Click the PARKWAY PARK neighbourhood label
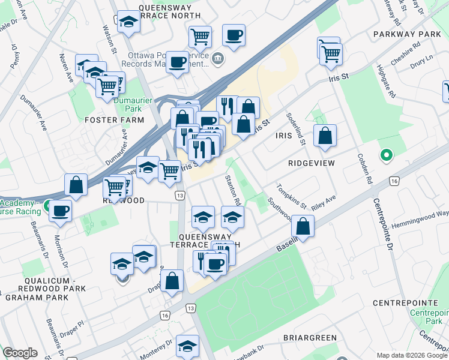[406, 34]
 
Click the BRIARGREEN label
[309, 338]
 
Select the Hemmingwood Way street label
[420, 218]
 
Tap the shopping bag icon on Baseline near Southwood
[303, 227]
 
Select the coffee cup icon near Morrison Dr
[60, 211]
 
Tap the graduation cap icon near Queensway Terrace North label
[128, 23]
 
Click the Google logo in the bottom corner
[20, 353]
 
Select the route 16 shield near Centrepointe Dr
[394, 181]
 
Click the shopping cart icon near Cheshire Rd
[331, 53]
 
